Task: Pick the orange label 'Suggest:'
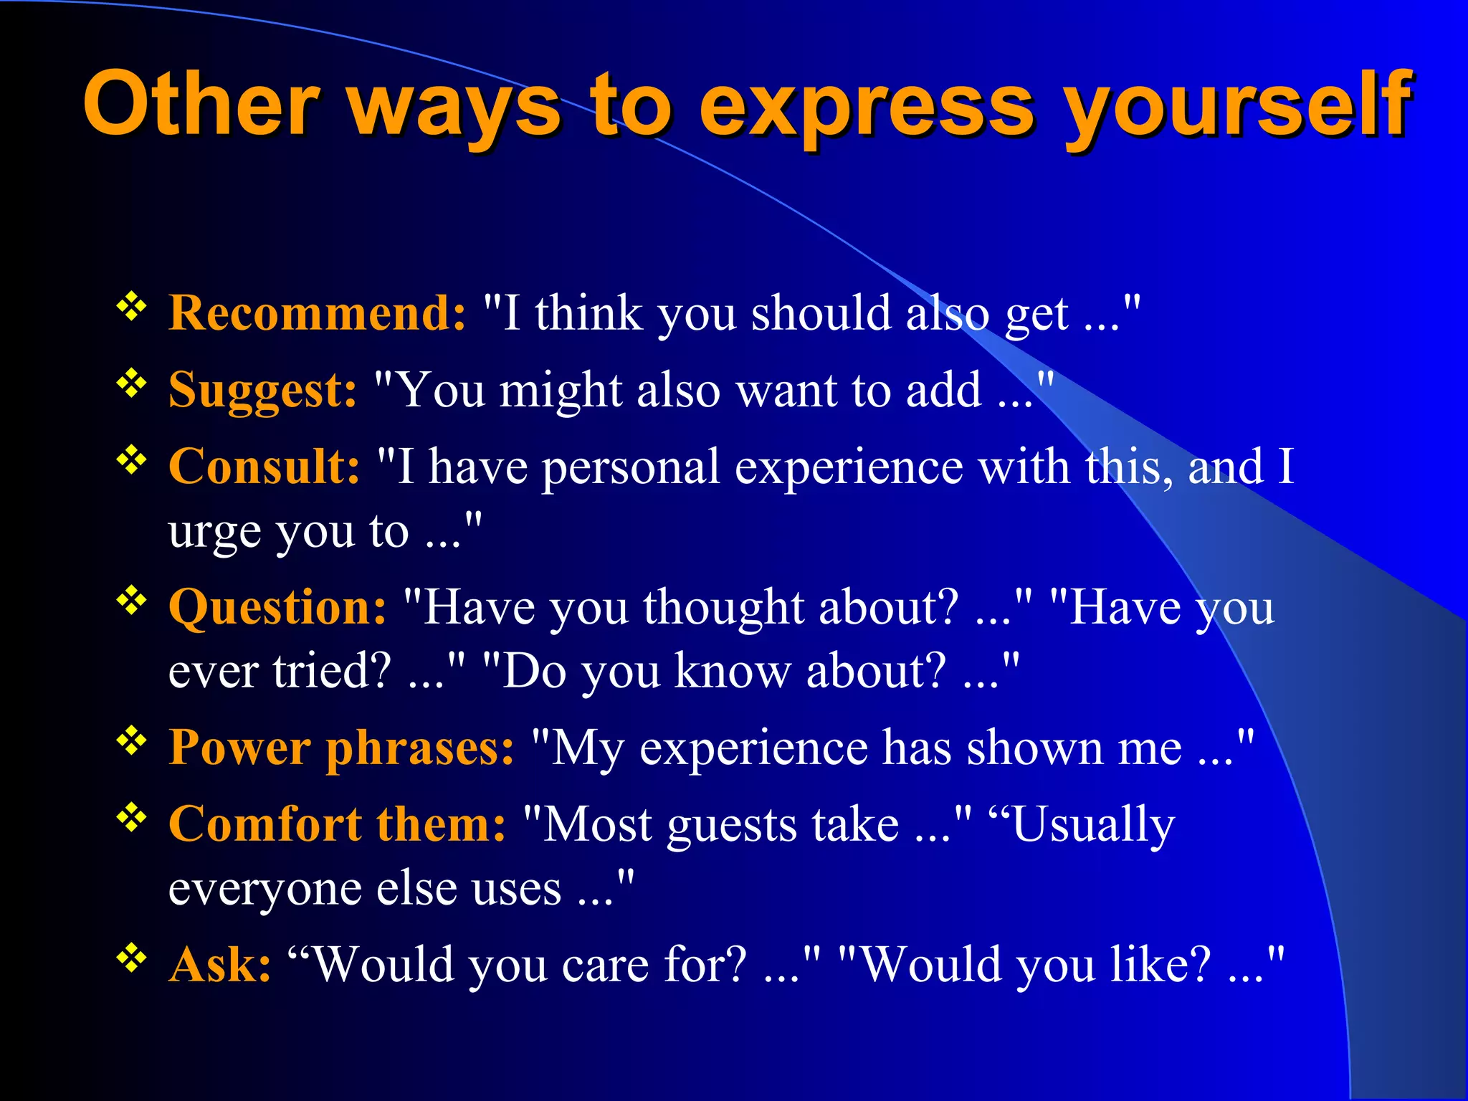click(x=262, y=391)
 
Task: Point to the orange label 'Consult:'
click(x=264, y=467)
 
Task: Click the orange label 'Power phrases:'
click(x=341, y=748)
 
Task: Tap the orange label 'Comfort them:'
click(x=337, y=824)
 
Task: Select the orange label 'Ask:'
click(x=219, y=965)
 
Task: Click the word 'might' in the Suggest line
click(x=560, y=391)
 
